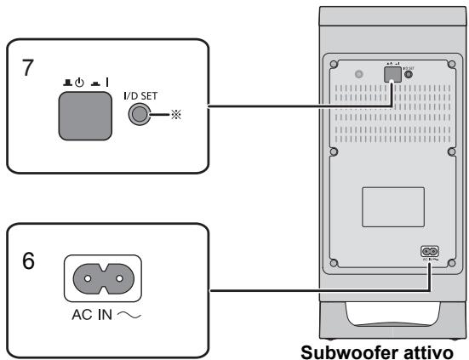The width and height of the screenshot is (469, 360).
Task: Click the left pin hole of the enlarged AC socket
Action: coord(83,277)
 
